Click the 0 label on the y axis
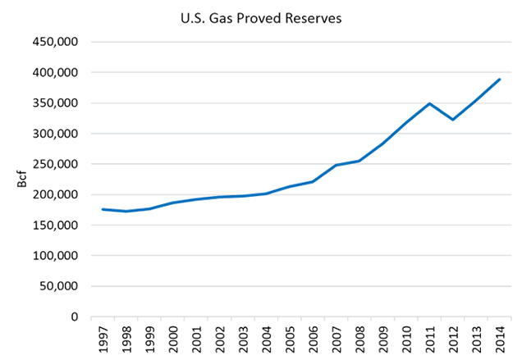74,317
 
